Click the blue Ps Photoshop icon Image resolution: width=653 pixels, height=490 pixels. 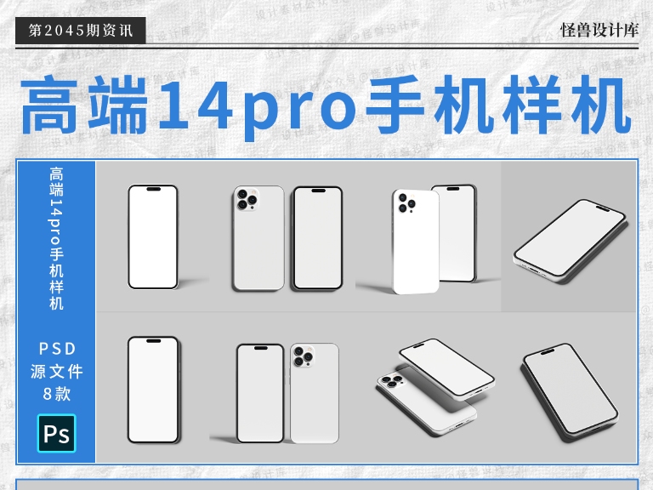click(x=56, y=433)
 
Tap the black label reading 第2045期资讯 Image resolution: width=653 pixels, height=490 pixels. click(x=80, y=31)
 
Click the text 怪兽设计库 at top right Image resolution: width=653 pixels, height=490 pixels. click(x=599, y=30)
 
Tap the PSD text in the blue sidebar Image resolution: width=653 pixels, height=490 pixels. click(x=57, y=348)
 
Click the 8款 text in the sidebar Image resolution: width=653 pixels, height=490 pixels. click(x=57, y=394)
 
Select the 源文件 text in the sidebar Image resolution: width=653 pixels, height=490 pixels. click(x=57, y=371)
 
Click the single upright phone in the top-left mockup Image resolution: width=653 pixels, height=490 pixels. click(x=153, y=237)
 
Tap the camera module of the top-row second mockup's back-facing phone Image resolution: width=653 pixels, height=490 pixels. click(x=247, y=201)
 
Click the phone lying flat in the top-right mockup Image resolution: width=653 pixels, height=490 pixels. click(x=569, y=238)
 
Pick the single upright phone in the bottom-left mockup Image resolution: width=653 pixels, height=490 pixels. click(x=153, y=390)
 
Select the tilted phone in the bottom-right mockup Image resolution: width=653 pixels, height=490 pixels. click(x=569, y=391)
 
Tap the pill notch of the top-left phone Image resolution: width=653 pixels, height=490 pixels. click(x=153, y=190)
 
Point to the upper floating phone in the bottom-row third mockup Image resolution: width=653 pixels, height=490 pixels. click(x=446, y=368)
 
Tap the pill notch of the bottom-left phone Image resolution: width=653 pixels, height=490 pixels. click(x=153, y=341)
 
